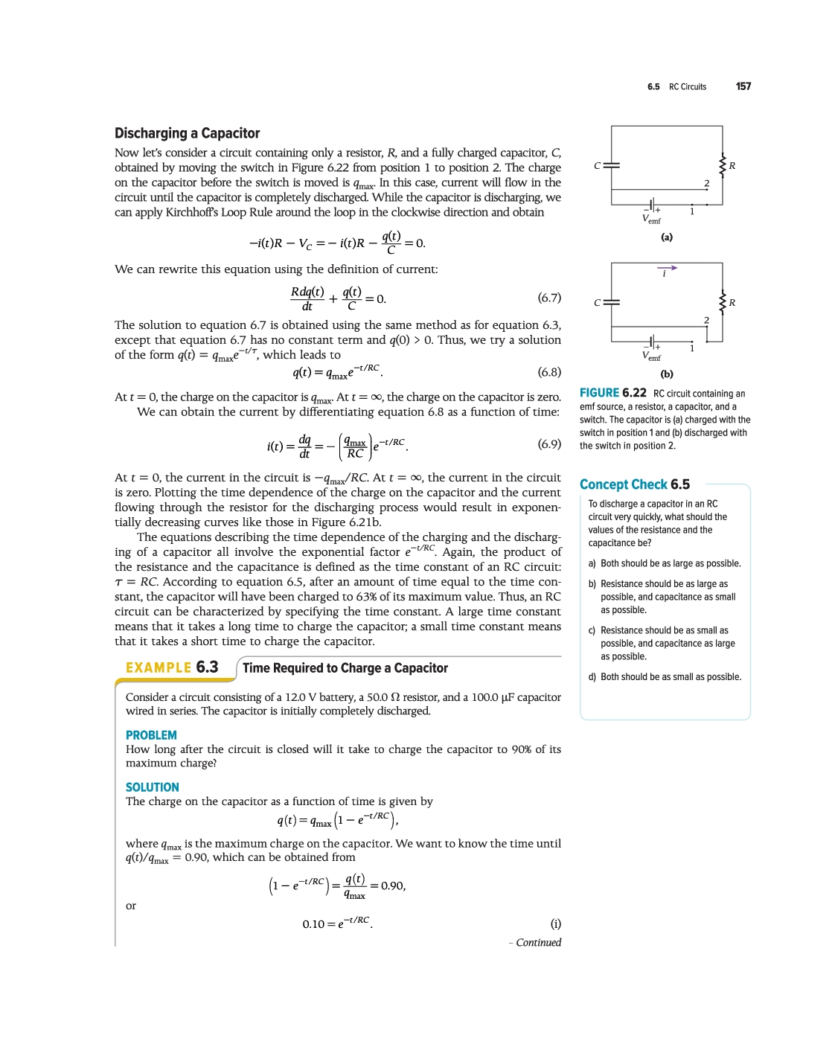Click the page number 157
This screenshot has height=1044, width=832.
click(x=743, y=86)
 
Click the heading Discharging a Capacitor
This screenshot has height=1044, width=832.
click(x=187, y=133)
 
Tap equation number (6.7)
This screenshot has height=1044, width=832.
click(x=549, y=298)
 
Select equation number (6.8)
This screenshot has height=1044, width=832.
click(x=549, y=372)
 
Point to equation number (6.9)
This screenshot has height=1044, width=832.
click(x=549, y=444)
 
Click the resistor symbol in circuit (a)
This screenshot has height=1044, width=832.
click(x=722, y=165)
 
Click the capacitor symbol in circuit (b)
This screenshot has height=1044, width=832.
click(x=611, y=302)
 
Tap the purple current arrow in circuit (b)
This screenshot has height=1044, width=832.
click(x=667, y=268)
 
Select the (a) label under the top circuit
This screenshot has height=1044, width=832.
click(x=667, y=237)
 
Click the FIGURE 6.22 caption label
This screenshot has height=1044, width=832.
click(x=612, y=393)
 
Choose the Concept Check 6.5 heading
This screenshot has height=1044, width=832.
click(x=635, y=484)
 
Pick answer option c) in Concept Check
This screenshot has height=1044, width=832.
click(x=592, y=631)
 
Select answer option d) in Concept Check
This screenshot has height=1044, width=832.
click(x=592, y=677)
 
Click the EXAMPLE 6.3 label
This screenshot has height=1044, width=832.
click(x=172, y=667)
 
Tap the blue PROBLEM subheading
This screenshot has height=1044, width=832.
click(x=151, y=735)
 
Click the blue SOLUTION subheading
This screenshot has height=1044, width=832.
click(x=152, y=787)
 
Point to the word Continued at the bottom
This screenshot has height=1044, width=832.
click(x=538, y=943)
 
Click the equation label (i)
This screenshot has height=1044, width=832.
click(x=555, y=924)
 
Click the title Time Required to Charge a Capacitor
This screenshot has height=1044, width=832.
click(x=345, y=668)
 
